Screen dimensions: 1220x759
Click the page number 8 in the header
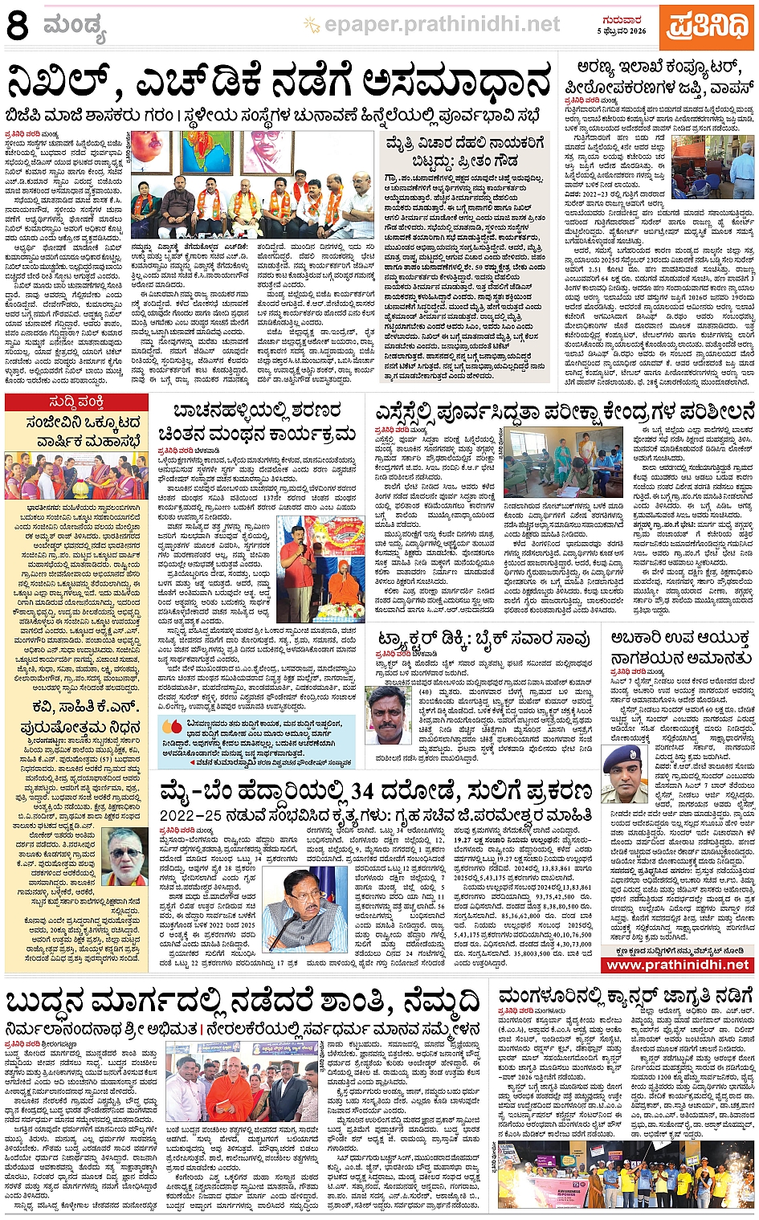(18, 25)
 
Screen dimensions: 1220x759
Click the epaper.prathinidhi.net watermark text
(441, 25)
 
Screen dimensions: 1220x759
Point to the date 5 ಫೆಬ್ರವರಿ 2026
(622, 31)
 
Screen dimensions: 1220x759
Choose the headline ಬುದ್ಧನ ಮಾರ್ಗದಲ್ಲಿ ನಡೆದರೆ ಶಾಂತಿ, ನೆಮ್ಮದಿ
(243, 1003)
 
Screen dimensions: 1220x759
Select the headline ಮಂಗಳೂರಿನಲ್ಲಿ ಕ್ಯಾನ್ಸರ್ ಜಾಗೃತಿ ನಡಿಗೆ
(626, 997)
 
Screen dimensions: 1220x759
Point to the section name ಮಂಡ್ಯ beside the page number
(75, 27)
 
